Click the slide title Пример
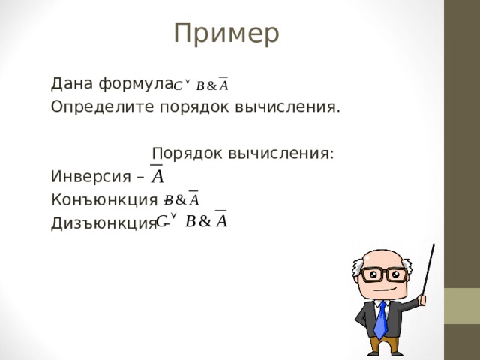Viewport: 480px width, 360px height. pyautogui.click(x=226, y=33)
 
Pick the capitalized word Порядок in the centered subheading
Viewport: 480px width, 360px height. pyautogui.click(x=187, y=154)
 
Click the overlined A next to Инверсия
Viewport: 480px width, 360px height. pyautogui.click(x=159, y=175)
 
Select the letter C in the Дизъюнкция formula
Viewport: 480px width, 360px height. pyautogui.click(x=161, y=222)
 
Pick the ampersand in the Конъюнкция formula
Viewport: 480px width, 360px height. pyautogui.click(x=181, y=200)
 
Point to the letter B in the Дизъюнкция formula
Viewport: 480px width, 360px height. pyautogui.click(x=190, y=221)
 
